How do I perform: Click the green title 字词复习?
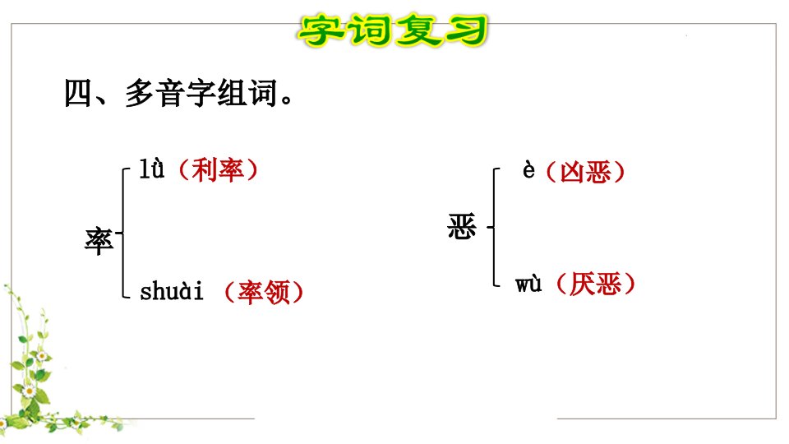pyautogui.click(x=393, y=30)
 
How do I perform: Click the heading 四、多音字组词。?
pyautogui.click(x=178, y=93)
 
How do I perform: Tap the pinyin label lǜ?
pyautogui.click(x=151, y=169)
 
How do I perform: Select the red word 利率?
pyautogui.click(x=218, y=170)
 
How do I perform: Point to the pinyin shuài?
pyautogui.click(x=172, y=291)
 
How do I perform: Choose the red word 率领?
pyautogui.click(x=264, y=292)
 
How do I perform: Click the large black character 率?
pyautogui.click(x=99, y=241)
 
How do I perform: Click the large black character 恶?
pyautogui.click(x=462, y=226)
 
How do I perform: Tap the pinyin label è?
pyautogui.click(x=528, y=170)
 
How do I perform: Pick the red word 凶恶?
pyautogui.click(x=585, y=172)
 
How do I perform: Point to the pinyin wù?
pyautogui.click(x=528, y=284)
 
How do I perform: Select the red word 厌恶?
pyautogui.click(x=595, y=284)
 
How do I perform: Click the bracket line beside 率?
pyautogui.click(x=122, y=233)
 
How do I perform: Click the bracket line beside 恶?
pyautogui.click(x=494, y=227)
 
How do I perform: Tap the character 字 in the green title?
pyautogui.click(x=320, y=30)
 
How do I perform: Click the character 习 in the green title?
pyautogui.click(x=466, y=30)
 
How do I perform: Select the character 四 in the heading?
pyautogui.click(x=79, y=93)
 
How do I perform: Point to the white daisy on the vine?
pyautogui.click(x=29, y=391)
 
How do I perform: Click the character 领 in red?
pyautogui.click(x=277, y=292)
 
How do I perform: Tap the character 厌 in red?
pyautogui.click(x=582, y=284)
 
